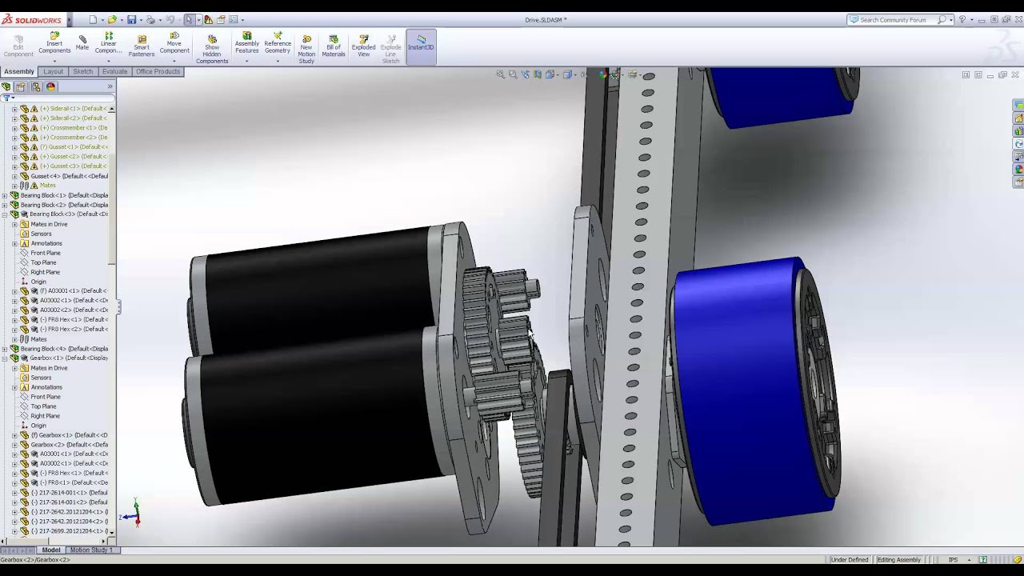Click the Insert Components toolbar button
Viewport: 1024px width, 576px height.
(x=54, y=44)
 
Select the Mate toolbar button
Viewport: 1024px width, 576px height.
(x=82, y=43)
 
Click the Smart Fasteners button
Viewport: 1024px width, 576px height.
(x=142, y=46)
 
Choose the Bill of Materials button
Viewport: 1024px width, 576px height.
(x=334, y=46)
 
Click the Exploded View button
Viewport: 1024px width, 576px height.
(x=363, y=46)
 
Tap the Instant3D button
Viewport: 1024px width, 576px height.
(x=421, y=43)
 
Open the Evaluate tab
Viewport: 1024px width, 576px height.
(x=114, y=71)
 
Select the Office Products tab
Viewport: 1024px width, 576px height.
(x=158, y=71)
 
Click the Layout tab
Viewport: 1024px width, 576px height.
(x=54, y=71)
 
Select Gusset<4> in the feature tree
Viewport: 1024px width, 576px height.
(x=68, y=176)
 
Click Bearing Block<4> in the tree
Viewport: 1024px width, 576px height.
(x=64, y=349)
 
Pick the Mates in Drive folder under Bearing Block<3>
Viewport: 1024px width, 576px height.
(x=49, y=224)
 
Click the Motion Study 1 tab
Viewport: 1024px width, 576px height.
(x=90, y=550)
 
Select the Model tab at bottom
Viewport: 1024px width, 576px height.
(x=50, y=550)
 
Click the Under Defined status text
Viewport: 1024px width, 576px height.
(x=850, y=559)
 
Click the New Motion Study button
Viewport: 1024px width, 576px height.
(x=306, y=50)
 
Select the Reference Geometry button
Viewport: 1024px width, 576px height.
(x=278, y=46)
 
